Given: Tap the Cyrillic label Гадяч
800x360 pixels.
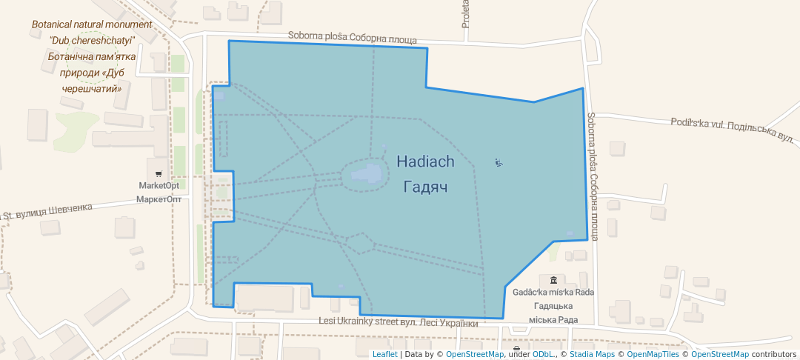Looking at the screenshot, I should pyautogui.click(x=425, y=187).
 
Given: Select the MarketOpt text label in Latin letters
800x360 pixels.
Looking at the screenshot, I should pyautogui.click(x=159, y=185).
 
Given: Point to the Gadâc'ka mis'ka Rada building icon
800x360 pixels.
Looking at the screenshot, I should pyautogui.click(x=553, y=280).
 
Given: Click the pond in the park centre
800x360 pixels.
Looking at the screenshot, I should pyautogui.click(x=365, y=175).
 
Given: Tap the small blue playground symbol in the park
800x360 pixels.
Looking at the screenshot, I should pyautogui.click(x=499, y=162).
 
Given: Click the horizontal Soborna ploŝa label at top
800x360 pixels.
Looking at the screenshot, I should pyautogui.click(x=352, y=39).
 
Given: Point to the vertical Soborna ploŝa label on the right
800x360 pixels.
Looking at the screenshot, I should pyautogui.click(x=593, y=176).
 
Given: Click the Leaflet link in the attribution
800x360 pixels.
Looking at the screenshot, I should pyautogui.click(x=384, y=354).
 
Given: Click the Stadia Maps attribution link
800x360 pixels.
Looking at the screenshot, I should pyautogui.click(x=593, y=354).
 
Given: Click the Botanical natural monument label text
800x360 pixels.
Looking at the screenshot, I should pyautogui.click(x=91, y=24).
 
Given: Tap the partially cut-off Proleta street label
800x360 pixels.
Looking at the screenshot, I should pyautogui.click(x=466, y=15).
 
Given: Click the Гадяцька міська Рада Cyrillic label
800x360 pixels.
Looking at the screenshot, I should pyautogui.click(x=553, y=313).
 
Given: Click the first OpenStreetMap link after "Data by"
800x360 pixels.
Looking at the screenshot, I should pyautogui.click(x=475, y=354).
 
